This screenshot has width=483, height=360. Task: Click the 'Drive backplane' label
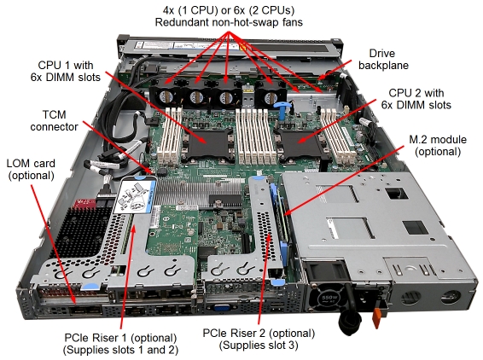tap(383, 59)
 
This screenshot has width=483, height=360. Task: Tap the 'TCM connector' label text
tap(55, 121)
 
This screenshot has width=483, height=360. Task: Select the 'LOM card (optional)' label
tap(31, 170)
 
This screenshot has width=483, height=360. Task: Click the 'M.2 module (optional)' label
tap(438, 145)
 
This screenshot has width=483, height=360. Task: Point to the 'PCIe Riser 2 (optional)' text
tap(259, 334)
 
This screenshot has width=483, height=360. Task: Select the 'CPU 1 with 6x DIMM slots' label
tap(66, 71)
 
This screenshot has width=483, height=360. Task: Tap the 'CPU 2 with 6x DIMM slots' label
tap(416, 99)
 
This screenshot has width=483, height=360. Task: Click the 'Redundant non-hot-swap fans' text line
tap(229, 22)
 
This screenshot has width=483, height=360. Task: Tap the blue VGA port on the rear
tap(221, 308)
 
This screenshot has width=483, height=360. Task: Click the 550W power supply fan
tap(328, 298)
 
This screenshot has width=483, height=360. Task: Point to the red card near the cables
tap(86, 203)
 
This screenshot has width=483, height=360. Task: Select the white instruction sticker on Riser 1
tap(135, 197)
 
